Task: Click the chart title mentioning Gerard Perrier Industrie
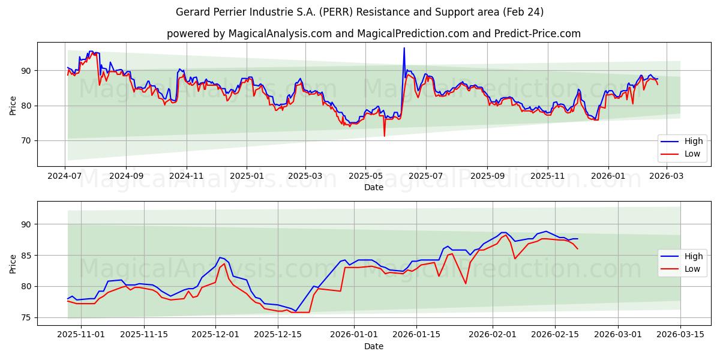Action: pyautogui.click(x=360, y=12)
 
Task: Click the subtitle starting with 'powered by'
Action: pyautogui.click(x=373, y=34)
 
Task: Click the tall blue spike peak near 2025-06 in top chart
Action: pyautogui.click(x=404, y=48)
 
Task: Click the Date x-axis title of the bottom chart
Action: pyautogui.click(x=373, y=346)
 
